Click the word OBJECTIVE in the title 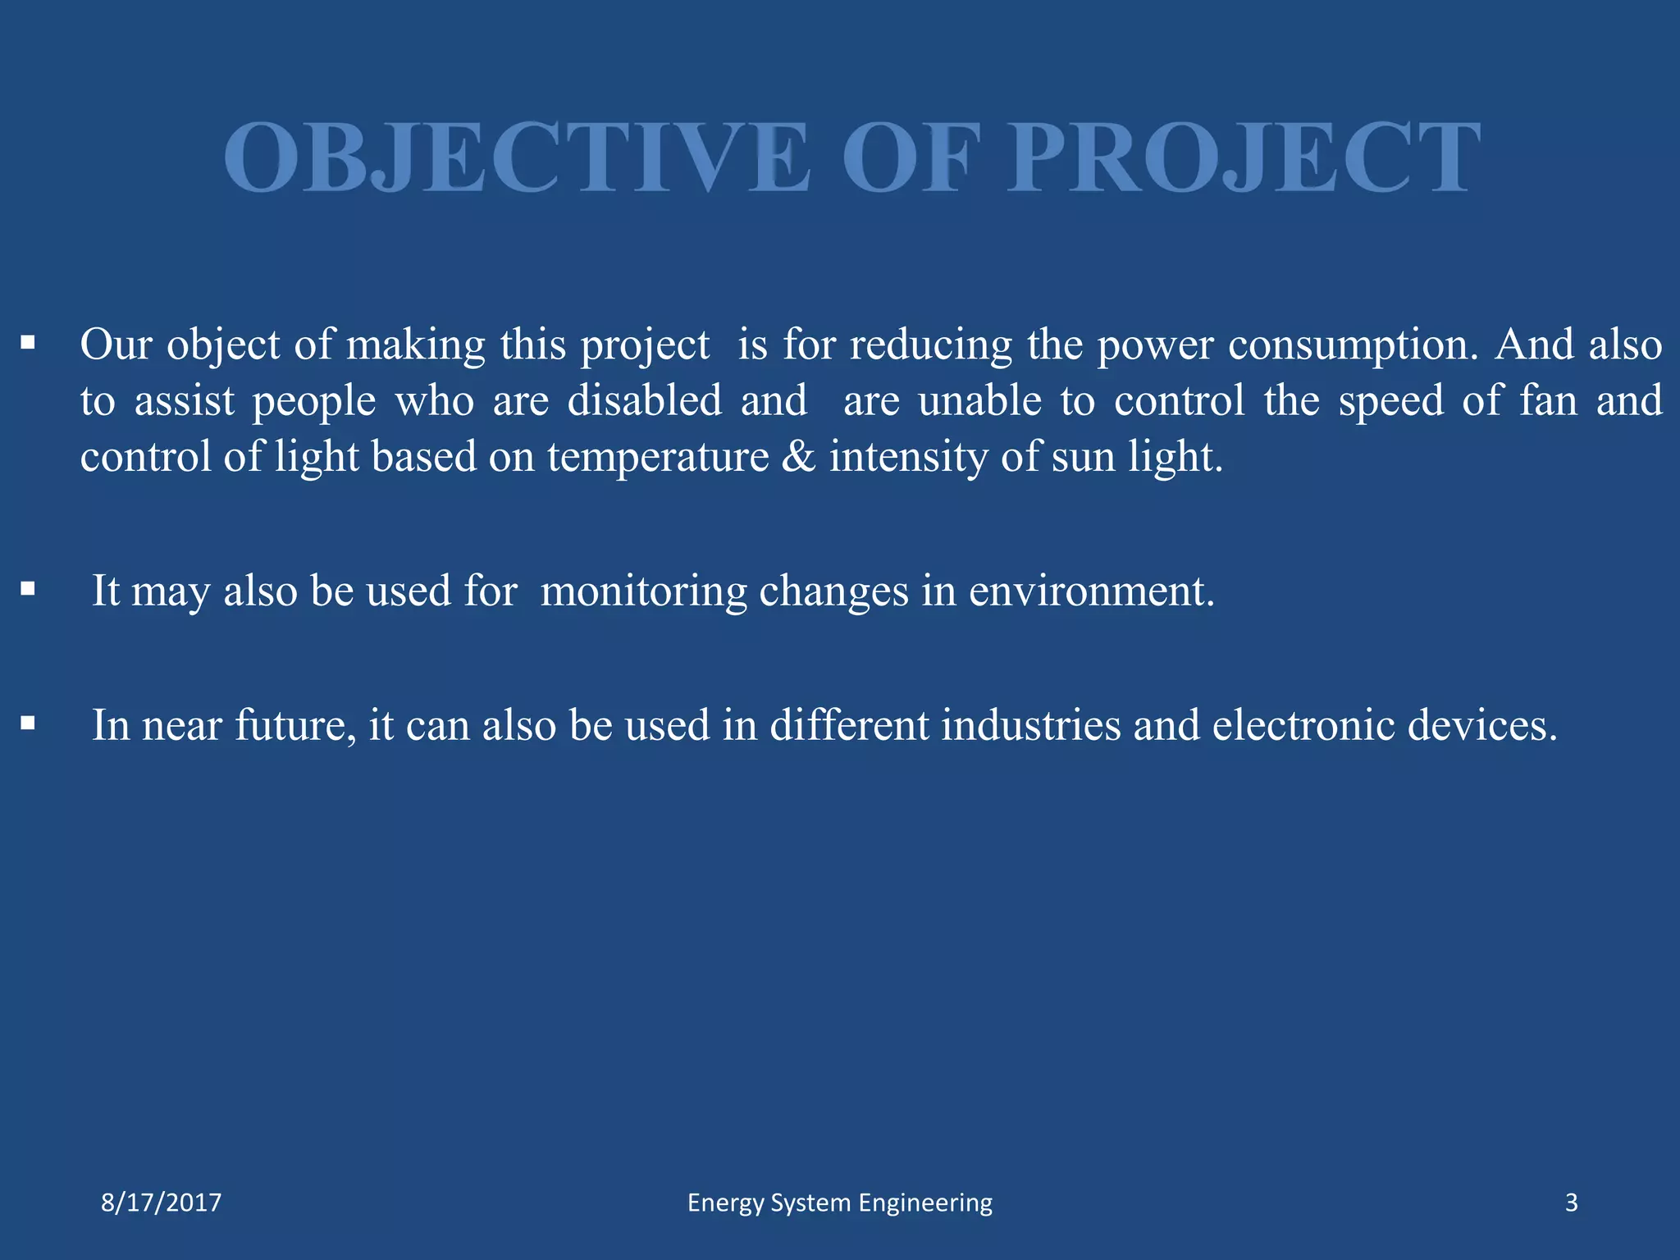click(517, 157)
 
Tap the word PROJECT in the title click(1244, 157)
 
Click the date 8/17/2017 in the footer click(161, 1203)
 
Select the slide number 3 click(1571, 1203)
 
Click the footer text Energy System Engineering click(839, 1203)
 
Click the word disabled click(645, 400)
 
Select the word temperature click(658, 458)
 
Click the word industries click(1030, 725)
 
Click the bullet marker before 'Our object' click(28, 342)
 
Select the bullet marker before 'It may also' click(28, 588)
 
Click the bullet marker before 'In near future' click(28, 723)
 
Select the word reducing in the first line click(930, 345)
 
